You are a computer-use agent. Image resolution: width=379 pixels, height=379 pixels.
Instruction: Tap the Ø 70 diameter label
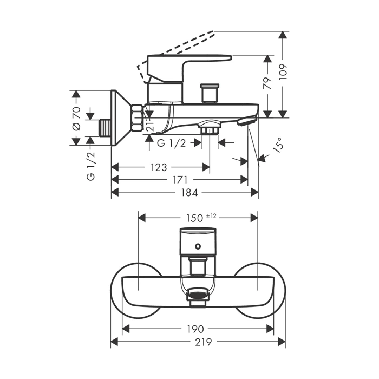pyautogui.click(x=76, y=119)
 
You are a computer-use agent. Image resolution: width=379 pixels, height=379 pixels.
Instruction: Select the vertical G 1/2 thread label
pyautogui.click(x=91, y=166)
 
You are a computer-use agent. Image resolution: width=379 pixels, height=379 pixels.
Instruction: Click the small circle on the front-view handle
pyautogui.click(x=198, y=246)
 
